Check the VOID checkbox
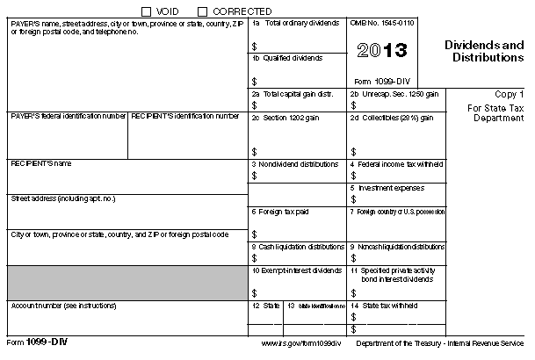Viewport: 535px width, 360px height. click(x=147, y=11)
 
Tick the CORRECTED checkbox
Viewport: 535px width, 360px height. click(x=203, y=11)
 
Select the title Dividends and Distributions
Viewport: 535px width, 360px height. click(x=483, y=51)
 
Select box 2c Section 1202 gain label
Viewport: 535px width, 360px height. click(x=289, y=117)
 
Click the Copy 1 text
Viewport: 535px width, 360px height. click(x=509, y=94)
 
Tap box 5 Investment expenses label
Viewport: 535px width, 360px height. click(x=390, y=188)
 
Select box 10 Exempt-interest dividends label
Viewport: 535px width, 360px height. click(x=296, y=270)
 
